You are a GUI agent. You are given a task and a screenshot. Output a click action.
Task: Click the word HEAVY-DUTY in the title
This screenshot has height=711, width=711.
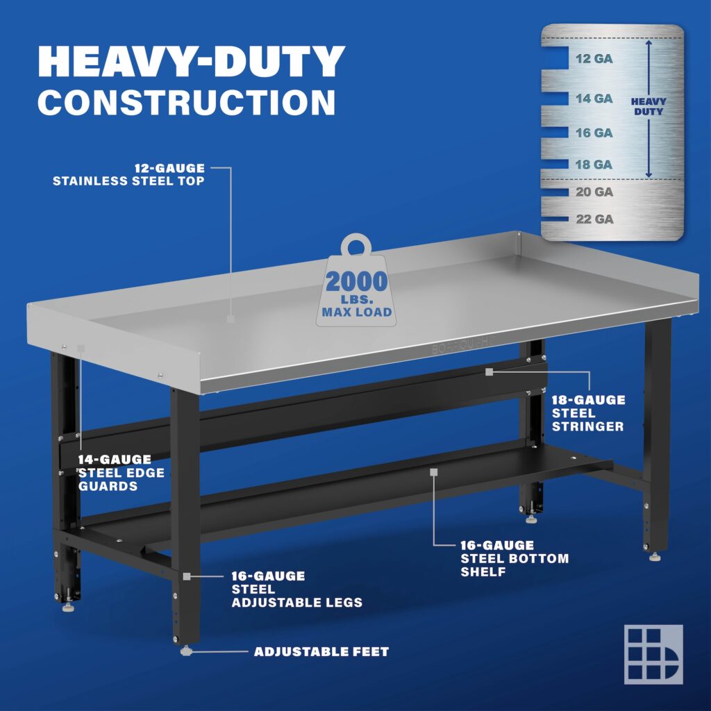pos(191,62)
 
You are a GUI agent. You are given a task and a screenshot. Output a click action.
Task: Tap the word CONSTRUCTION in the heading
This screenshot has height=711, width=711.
pos(186,101)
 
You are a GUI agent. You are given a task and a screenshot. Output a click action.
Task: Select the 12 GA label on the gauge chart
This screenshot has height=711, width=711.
pos(594,59)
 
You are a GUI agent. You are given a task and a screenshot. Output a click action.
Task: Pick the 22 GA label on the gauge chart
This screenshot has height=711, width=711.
pos(594,219)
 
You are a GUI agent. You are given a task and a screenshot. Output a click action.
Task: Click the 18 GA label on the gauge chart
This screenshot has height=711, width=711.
pos(594,165)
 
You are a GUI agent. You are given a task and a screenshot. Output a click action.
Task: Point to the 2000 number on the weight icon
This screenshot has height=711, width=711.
pos(357,282)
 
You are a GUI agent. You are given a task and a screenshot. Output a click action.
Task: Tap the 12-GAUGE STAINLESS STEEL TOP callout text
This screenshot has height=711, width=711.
pos(129,174)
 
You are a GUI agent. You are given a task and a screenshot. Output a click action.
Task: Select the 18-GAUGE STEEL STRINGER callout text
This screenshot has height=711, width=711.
pos(588,413)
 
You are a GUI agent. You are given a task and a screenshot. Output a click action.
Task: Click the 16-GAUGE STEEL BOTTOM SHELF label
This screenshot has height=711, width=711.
pos(515,558)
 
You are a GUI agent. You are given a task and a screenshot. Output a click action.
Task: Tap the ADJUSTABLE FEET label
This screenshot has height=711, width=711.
pos(321,652)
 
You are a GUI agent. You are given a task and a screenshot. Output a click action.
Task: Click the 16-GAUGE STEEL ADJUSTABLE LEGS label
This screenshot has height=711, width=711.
pos(296,589)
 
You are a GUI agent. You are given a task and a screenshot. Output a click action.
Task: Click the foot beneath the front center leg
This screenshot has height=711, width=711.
pos(186,651)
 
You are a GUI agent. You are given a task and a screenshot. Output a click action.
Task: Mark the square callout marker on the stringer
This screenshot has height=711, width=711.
pos(489,372)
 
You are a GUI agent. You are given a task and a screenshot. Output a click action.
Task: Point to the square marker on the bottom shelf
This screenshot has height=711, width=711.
pos(434,471)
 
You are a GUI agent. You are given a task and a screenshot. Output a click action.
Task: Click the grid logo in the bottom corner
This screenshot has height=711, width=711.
pos(653,654)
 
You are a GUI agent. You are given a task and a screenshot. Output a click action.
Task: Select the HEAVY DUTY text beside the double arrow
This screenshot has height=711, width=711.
pos(648,106)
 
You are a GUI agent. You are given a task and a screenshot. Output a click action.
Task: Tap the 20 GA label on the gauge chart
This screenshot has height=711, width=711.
pos(594,192)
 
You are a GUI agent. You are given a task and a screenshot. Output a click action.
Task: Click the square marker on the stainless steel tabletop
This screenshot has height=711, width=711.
pos(231,319)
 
